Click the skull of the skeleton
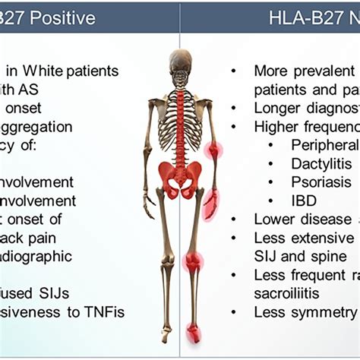click(180, 61)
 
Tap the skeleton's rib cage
click(180, 114)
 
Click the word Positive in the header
click(60, 17)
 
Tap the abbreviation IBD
click(304, 201)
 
